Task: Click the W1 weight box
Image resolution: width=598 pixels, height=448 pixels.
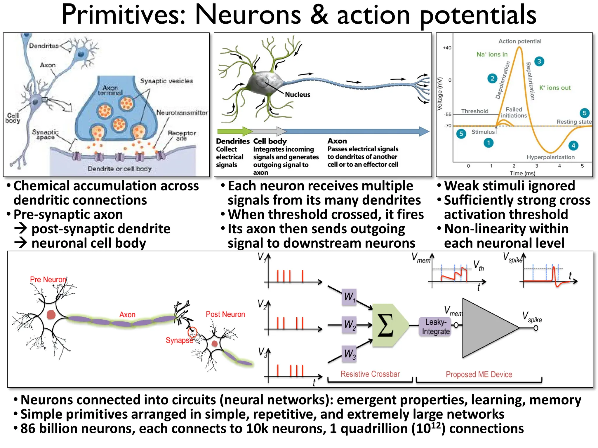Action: [349, 297]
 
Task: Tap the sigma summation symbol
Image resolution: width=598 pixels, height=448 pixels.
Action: [385, 325]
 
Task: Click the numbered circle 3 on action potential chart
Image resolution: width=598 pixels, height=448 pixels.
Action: [539, 61]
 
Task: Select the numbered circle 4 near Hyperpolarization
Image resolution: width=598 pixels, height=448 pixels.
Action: [573, 146]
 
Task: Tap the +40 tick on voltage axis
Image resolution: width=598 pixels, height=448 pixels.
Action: [447, 48]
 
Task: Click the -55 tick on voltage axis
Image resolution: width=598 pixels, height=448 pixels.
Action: [448, 114]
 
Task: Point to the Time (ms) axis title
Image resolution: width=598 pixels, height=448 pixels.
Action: [522, 173]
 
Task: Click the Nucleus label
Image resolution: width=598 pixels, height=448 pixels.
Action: [297, 94]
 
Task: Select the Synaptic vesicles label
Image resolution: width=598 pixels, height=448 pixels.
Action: [167, 81]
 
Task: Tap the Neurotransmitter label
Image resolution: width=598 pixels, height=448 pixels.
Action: [182, 113]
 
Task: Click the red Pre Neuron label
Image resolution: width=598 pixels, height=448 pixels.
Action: [48, 279]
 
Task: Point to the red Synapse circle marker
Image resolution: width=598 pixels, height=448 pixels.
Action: [192, 332]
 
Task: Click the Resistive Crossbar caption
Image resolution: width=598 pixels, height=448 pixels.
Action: [370, 374]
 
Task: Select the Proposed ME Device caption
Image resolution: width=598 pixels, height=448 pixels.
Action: [479, 374]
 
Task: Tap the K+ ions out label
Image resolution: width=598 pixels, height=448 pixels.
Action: [554, 88]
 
